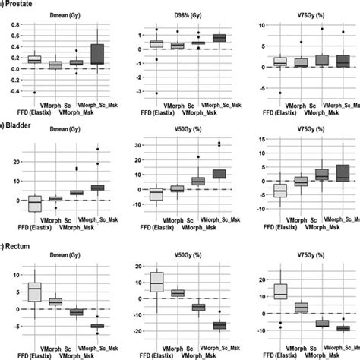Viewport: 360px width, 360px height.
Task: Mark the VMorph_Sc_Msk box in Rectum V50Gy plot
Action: [219, 325]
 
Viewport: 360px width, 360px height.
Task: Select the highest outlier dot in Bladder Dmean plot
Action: [98, 150]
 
